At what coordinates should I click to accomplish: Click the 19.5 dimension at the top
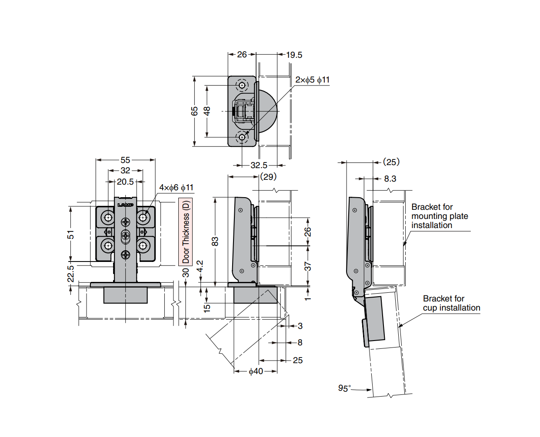pyautogui.click(x=294, y=55)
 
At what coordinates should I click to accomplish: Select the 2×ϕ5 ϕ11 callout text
pyautogui.click(x=312, y=80)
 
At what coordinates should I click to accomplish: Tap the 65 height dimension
pyautogui.click(x=194, y=111)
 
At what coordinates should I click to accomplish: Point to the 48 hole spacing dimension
pyautogui.click(x=207, y=111)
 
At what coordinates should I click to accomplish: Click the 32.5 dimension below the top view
pyautogui.click(x=259, y=166)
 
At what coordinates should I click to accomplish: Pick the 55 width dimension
pyautogui.click(x=125, y=160)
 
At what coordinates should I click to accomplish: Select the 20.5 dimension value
pyautogui.click(x=125, y=182)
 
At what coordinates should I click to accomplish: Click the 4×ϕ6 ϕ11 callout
pyautogui.click(x=176, y=188)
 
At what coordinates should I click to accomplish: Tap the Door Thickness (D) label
pyautogui.click(x=186, y=232)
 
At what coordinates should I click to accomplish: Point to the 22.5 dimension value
pyautogui.click(x=70, y=274)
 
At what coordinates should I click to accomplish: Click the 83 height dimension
pyautogui.click(x=215, y=242)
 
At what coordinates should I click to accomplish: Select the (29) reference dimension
pyautogui.click(x=268, y=177)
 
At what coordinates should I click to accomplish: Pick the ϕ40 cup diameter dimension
pyautogui.click(x=256, y=371)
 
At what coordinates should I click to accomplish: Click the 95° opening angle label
pyautogui.click(x=344, y=388)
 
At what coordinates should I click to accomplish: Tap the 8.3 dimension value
pyautogui.click(x=390, y=179)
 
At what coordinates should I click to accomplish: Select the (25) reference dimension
pyautogui.click(x=391, y=162)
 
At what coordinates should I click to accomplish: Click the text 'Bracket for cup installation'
pyautogui.click(x=451, y=303)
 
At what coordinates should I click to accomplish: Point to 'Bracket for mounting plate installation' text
pyautogui.click(x=440, y=216)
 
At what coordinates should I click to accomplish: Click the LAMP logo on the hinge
pyautogui.click(x=125, y=205)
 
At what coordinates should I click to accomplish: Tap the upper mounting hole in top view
pyautogui.click(x=242, y=85)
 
